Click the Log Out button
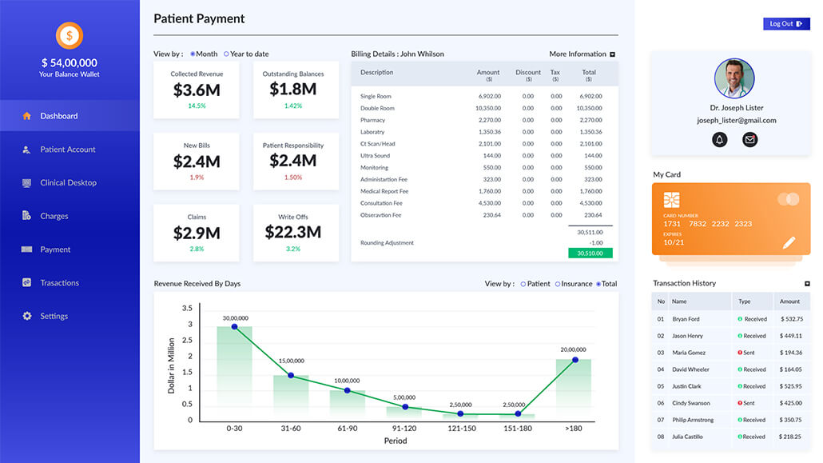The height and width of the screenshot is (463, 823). [x=786, y=24]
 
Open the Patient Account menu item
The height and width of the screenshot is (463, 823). [x=68, y=150]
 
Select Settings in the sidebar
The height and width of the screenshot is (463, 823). [x=54, y=316]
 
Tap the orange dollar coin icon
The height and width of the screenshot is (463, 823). [x=70, y=35]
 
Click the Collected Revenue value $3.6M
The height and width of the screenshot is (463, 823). [x=196, y=90]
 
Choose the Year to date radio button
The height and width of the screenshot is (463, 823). [x=227, y=54]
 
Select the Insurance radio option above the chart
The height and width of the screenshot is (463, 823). [x=558, y=284]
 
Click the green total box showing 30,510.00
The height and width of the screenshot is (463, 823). [x=590, y=253]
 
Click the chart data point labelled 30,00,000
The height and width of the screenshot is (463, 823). [x=234, y=326]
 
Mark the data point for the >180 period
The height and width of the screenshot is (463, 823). [x=575, y=360]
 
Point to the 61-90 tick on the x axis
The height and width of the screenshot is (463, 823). [x=348, y=429]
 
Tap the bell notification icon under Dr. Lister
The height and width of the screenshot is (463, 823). [x=719, y=140]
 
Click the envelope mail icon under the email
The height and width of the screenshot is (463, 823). [x=749, y=140]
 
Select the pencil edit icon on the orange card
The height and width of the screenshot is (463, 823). [x=789, y=242]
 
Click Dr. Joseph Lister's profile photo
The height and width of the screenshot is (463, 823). [x=734, y=78]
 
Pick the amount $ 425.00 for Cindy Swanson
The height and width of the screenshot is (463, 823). [x=790, y=403]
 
